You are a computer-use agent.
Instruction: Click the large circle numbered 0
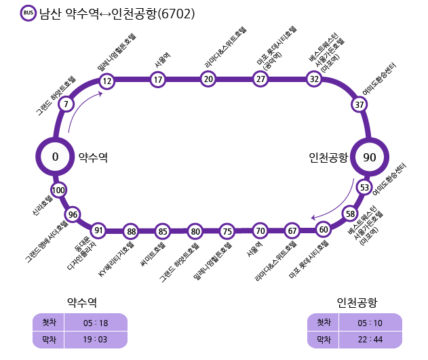pos(56,157)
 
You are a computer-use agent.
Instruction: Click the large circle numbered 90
pos(370,157)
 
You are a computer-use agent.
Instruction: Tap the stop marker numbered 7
pos(66,104)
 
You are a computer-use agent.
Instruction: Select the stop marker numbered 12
pos(106,81)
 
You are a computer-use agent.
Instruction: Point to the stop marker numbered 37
pos(359,104)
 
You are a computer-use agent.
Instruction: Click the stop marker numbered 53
pos(365,187)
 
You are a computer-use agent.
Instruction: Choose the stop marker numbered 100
pos(58,190)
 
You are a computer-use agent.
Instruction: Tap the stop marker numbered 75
pos(227,231)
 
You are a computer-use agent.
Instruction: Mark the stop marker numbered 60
pos(324,229)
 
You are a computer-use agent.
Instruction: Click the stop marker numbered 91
pos(99,230)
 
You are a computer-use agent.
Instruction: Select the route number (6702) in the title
pos(176,14)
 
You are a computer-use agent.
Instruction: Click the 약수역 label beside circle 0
pos(94,157)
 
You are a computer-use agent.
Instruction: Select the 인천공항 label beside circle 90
pos(328,157)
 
